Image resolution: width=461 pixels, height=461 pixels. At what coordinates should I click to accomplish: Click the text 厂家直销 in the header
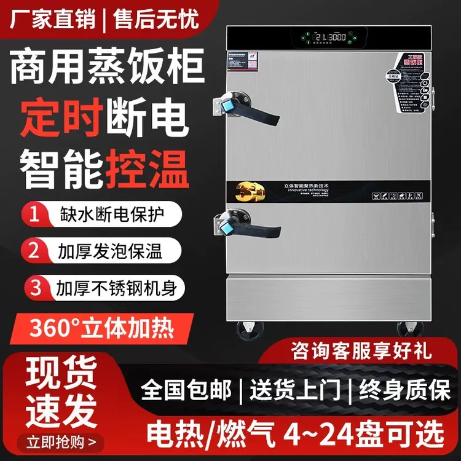52,19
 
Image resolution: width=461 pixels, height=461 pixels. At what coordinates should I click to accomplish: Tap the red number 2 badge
36,251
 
